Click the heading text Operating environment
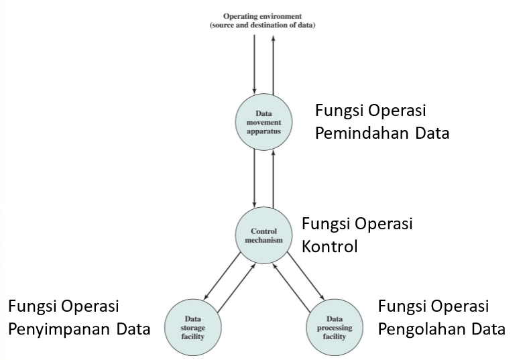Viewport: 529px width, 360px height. coord(263,15)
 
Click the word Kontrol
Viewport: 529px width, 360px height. coord(330,246)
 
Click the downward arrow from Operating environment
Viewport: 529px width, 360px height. coord(255,64)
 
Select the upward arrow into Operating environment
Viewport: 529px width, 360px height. coord(274,64)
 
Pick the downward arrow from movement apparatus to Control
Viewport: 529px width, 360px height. coord(255,177)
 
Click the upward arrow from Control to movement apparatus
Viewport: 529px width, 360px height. coord(274,177)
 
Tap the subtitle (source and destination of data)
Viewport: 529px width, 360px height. coord(263,25)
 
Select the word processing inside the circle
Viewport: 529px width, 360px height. coord(335,328)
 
